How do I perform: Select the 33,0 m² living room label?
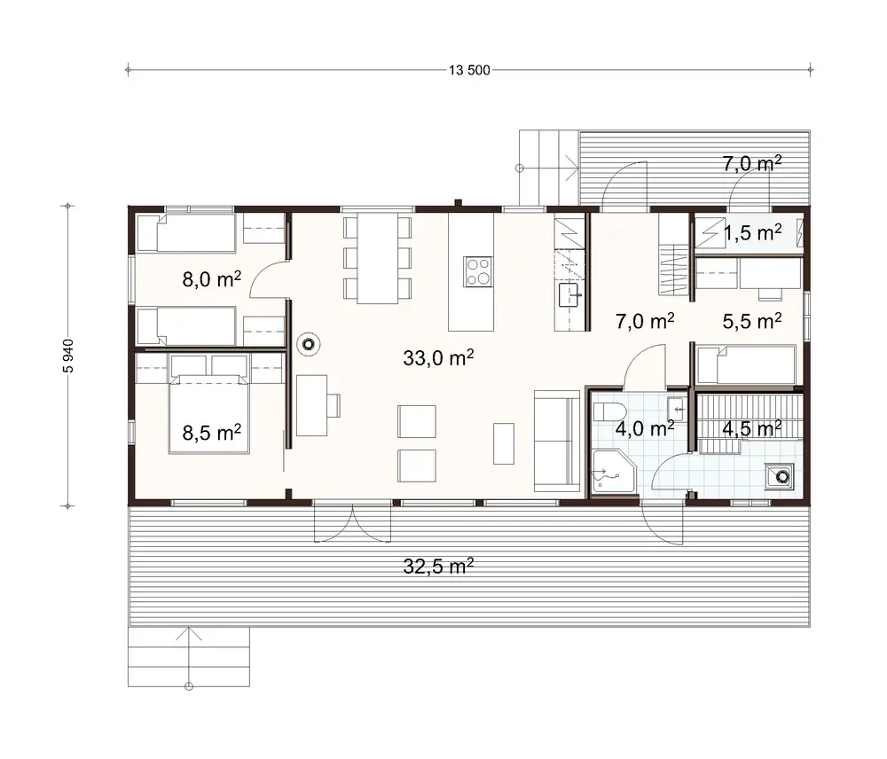pyautogui.click(x=438, y=358)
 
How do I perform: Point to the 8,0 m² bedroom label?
pyautogui.click(x=212, y=281)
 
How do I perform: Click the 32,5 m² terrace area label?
pyautogui.click(x=438, y=567)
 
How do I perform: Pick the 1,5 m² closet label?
pyautogui.click(x=752, y=233)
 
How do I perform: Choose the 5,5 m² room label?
pyautogui.click(x=752, y=321)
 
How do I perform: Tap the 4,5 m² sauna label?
pyautogui.click(x=751, y=429)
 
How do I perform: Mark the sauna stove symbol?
pyautogui.click(x=781, y=476)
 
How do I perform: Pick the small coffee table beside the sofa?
pyautogui.click(x=504, y=442)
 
